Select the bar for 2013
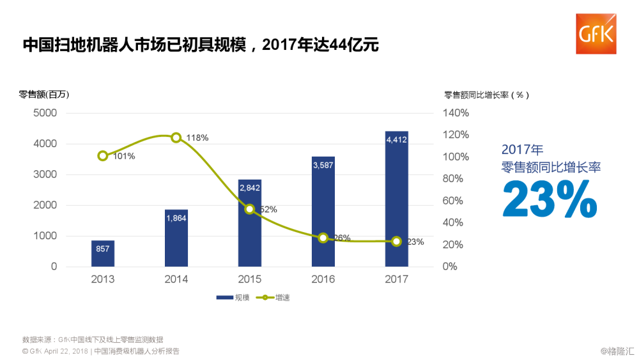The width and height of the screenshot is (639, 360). (103, 253)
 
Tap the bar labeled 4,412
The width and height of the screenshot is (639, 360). (396, 199)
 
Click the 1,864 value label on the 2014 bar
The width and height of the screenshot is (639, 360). (176, 218)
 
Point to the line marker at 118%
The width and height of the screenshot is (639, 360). (176, 137)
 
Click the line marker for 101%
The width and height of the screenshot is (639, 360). (103, 156)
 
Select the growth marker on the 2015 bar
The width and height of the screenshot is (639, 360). (250, 209)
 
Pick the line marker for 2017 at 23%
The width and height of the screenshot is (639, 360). (396, 241)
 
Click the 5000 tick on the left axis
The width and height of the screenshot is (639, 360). (45, 113)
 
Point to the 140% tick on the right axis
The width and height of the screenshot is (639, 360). (455, 113)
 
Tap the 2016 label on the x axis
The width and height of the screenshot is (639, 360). (323, 279)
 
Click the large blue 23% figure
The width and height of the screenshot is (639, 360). (550, 200)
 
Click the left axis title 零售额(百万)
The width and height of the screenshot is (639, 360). (44, 95)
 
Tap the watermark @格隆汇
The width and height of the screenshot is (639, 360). (617, 350)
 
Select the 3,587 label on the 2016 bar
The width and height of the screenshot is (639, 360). (323, 165)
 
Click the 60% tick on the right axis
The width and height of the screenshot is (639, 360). (455, 201)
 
